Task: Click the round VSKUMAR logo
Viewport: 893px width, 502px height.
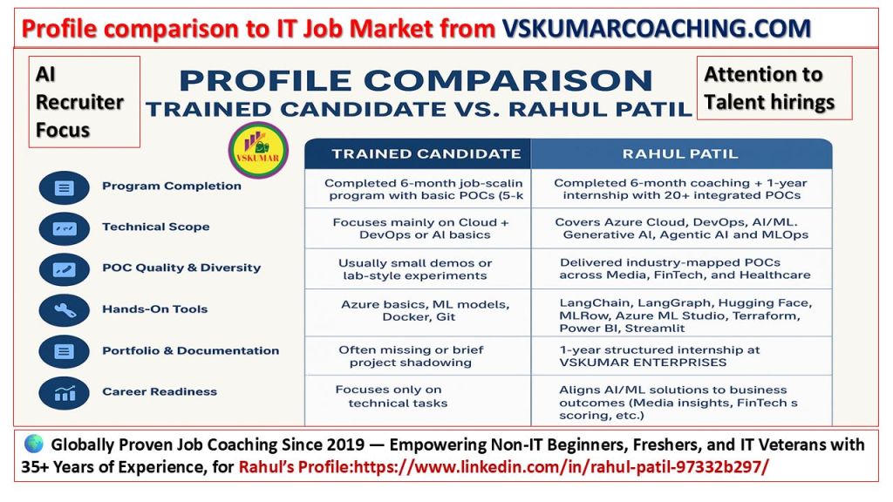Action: click(x=258, y=150)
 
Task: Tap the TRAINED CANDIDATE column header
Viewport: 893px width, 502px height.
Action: click(x=426, y=153)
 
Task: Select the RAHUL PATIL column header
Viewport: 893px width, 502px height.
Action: click(x=680, y=153)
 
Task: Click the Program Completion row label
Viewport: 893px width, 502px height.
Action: click(x=172, y=186)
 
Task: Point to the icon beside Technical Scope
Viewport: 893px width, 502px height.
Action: click(x=64, y=229)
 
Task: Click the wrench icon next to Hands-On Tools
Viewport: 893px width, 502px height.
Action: click(x=64, y=310)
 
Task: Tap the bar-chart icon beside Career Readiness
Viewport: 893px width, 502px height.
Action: click(x=64, y=393)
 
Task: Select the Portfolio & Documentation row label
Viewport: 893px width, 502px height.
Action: click(x=191, y=350)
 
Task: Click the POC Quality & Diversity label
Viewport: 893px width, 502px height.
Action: click(x=181, y=268)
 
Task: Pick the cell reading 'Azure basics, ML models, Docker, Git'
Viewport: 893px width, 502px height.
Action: click(x=425, y=310)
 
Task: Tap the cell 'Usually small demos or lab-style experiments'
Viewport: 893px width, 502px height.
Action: click(x=415, y=269)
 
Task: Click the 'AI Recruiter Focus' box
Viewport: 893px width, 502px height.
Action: click(x=85, y=102)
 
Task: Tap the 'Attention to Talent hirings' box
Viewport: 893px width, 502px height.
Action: click(x=774, y=88)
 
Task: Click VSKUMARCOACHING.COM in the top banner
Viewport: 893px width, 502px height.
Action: click(x=656, y=28)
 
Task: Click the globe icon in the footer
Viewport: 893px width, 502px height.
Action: click(x=34, y=444)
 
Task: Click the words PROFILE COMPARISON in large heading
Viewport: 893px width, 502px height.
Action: click(x=416, y=80)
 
